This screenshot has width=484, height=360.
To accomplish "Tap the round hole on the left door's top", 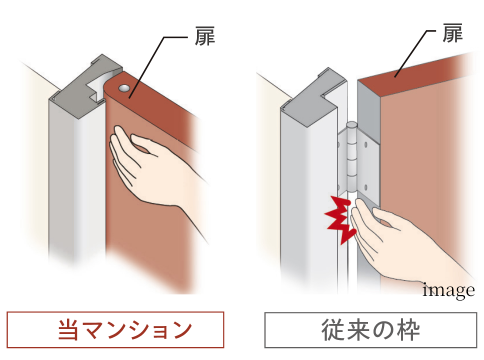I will pyautogui.click(x=123, y=88).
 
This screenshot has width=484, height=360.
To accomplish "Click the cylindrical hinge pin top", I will pyautogui.click(x=352, y=125).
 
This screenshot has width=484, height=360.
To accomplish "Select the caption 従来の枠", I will pyautogui.click(x=370, y=330).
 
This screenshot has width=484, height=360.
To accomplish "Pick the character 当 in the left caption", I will pyautogui.click(x=68, y=330).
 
